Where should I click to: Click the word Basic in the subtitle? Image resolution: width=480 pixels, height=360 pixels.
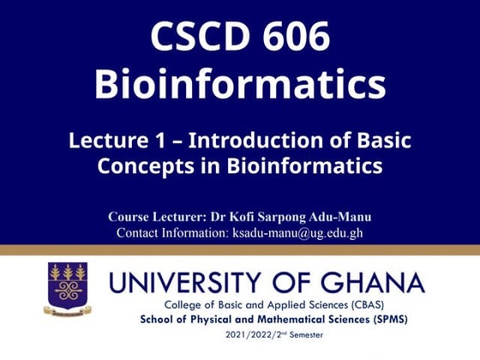pos(381,140)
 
